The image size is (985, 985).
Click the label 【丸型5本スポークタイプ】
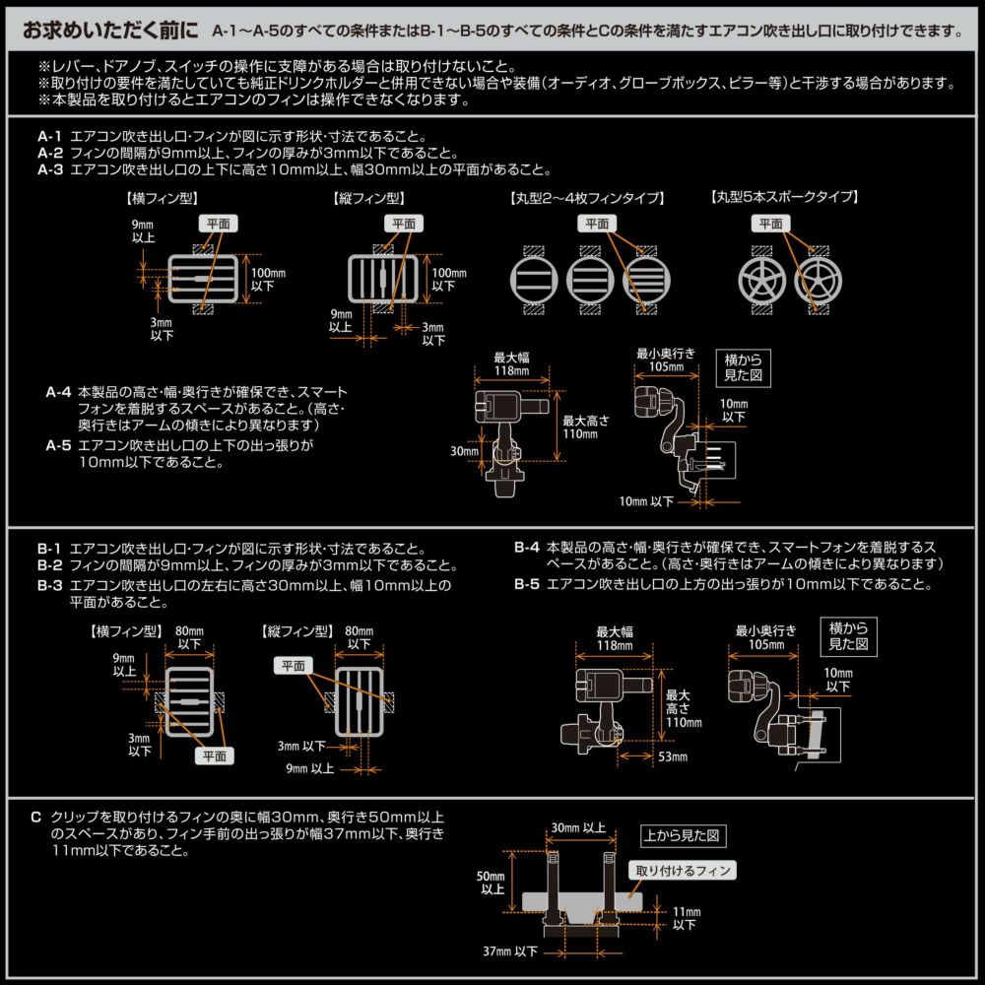coord(784,197)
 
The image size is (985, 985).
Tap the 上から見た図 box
coord(683,836)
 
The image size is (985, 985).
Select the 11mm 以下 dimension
coord(688,919)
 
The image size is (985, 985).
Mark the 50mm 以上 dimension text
coord(490,883)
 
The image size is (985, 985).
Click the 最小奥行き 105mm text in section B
coord(765,637)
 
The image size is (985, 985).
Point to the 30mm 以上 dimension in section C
coord(579,827)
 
